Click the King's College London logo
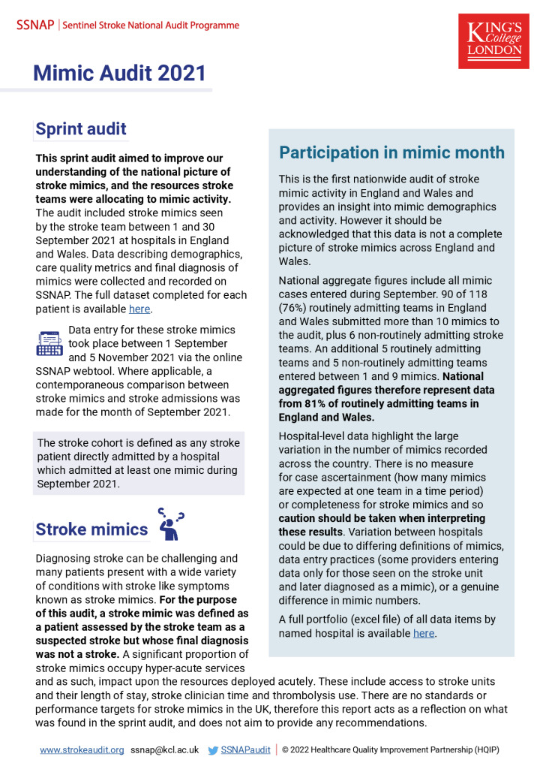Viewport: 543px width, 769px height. coord(493,41)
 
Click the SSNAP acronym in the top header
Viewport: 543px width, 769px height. coord(34,25)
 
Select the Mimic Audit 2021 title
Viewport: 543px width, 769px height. coord(119,73)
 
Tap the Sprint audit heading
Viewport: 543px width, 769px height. coord(81,129)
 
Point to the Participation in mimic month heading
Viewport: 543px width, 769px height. coord(391,152)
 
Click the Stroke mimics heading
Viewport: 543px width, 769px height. coord(91,529)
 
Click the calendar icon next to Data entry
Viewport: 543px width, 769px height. coord(49,342)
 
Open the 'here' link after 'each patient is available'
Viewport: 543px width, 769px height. coord(140,308)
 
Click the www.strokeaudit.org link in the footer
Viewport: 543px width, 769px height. coord(82,749)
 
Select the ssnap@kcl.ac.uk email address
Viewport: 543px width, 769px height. coord(164,749)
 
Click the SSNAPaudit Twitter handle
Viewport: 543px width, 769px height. coord(244,749)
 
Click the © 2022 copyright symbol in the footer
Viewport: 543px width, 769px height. coord(286,749)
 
